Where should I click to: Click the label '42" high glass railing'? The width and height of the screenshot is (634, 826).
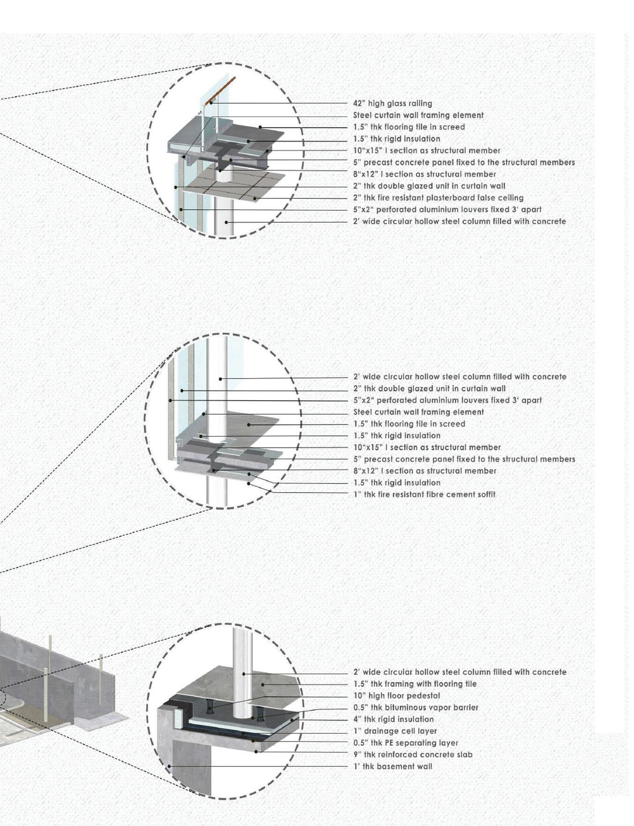coord(392,104)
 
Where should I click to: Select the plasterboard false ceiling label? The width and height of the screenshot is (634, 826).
coord(438,198)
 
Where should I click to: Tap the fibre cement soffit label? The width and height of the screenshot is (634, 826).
coord(424,494)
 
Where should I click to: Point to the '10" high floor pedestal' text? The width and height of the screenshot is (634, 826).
coord(396,696)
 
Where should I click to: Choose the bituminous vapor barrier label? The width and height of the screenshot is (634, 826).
coord(415,707)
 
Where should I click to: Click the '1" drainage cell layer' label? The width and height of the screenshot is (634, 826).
coord(395,731)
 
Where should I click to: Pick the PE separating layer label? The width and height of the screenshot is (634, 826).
coord(406,743)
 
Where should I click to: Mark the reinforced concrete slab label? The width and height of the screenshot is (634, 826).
coord(413,755)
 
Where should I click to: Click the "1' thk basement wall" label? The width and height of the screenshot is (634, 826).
coord(392,766)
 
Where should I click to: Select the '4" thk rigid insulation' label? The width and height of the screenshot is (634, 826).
coord(393,719)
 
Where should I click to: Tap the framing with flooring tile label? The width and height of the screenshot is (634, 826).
coord(415,684)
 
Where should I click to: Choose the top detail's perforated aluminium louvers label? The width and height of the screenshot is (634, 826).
coord(447,210)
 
